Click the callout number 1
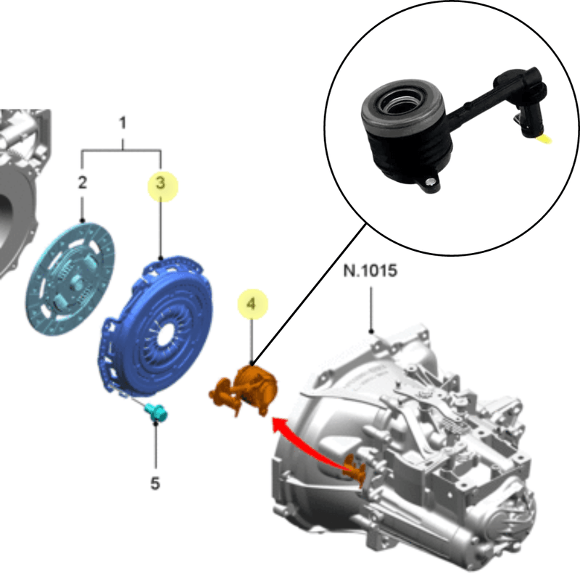pos(123,123)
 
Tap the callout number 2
pos(82,183)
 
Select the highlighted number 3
pos(160,183)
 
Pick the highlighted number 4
pos(251,304)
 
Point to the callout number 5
pos(155,483)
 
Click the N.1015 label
pos(370,270)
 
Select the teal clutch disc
pos(70,279)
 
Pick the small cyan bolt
pos(157,413)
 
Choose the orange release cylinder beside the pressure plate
pos(245,389)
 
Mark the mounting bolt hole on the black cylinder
pos(430,182)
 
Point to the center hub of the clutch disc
pos(75,283)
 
